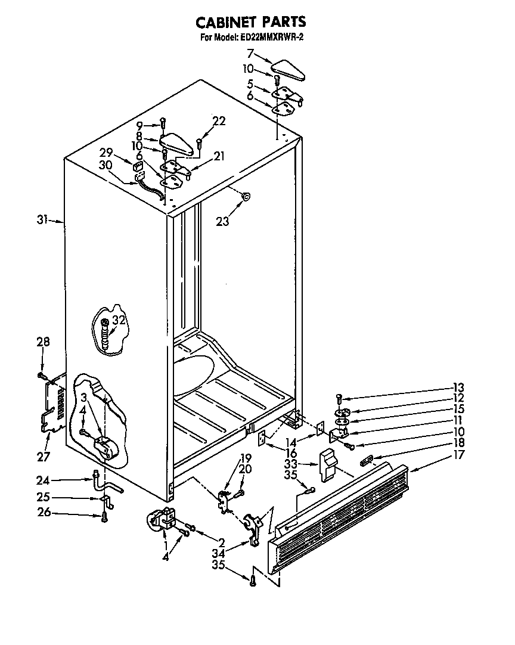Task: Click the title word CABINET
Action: (x=225, y=23)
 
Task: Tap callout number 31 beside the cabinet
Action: (x=41, y=220)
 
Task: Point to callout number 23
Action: (x=222, y=221)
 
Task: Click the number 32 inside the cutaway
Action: (x=119, y=321)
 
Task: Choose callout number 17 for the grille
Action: (x=459, y=455)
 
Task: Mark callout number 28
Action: (x=44, y=342)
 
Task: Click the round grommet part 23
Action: (x=245, y=196)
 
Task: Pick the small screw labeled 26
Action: (x=105, y=517)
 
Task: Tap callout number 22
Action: (x=219, y=121)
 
